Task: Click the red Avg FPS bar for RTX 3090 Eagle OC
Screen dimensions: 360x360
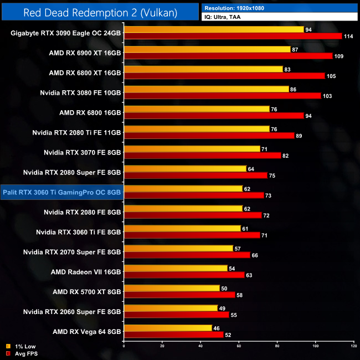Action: tap(233, 37)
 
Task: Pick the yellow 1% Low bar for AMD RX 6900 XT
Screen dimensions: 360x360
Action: tap(207, 49)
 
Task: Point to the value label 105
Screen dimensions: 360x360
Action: tap(332, 76)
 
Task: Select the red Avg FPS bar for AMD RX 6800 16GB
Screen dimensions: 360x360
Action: tap(214, 116)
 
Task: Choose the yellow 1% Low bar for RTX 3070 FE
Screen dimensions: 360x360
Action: tap(192, 148)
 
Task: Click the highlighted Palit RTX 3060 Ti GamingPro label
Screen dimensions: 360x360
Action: tap(62, 192)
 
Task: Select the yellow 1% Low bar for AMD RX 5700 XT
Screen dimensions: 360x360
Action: tap(172, 288)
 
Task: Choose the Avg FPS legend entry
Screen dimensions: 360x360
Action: tap(23, 353)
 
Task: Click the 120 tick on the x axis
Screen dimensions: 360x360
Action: tap(353, 346)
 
